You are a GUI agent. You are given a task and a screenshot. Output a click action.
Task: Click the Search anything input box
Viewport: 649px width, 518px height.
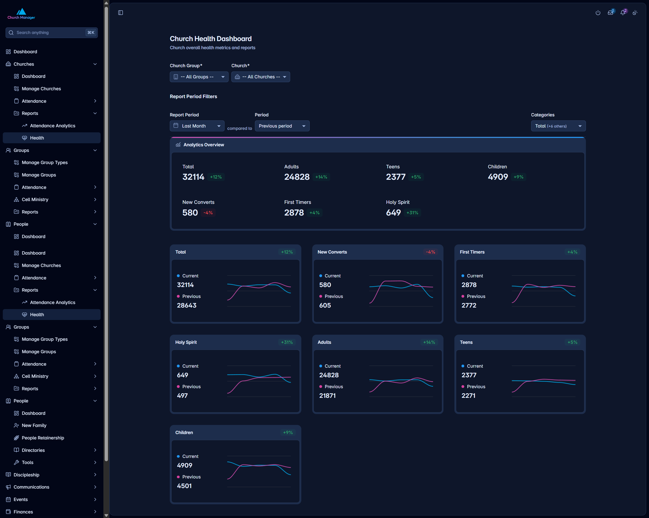click(51, 32)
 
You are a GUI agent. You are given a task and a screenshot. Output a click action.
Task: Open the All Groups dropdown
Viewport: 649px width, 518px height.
click(199, 77)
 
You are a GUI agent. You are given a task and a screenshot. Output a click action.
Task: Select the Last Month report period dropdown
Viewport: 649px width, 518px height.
click(197, 126)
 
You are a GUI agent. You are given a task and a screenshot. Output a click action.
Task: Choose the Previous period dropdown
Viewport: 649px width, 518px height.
click(282, 126)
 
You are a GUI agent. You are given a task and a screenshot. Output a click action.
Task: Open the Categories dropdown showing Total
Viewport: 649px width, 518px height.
click(558, 126)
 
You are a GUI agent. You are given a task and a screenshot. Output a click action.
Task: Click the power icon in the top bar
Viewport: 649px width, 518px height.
click(598, 13)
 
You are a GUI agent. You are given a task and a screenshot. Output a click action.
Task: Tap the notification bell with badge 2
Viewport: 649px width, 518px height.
click(623, 12)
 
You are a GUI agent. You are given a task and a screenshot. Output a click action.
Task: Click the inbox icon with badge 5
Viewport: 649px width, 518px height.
click(610, 12)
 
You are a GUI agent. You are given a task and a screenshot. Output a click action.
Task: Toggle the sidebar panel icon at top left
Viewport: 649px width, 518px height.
click(120, 13)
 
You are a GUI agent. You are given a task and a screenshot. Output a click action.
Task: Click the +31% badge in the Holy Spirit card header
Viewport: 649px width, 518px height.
click(287, 342)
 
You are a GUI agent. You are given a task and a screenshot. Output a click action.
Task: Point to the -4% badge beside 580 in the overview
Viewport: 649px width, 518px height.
click(208, 213)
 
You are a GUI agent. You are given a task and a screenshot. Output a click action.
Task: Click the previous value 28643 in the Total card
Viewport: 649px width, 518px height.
click(187, 305)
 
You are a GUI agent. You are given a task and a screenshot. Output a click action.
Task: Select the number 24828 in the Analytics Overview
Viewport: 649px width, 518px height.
click(297, 177)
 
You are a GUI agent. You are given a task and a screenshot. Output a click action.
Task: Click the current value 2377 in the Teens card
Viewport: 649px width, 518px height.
click(469, 375)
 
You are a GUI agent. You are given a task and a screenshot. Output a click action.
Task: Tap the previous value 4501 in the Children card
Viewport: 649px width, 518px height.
click(184, 486)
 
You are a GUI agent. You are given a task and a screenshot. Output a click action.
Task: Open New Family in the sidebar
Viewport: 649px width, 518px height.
click(34, 425)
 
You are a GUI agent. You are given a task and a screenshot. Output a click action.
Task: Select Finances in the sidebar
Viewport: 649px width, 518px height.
click(23, 512)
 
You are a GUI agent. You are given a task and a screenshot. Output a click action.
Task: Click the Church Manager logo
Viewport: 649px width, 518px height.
click(21, 13)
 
